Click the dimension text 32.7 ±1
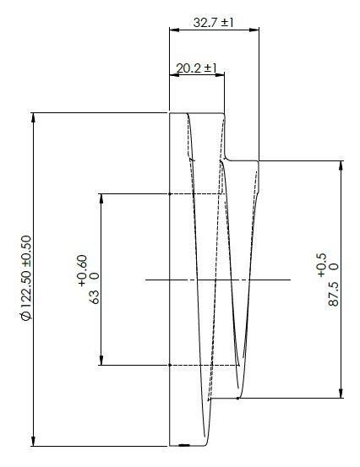pyautogui.click(x=213, y=23)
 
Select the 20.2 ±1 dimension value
pyautogui.click(x=197, y=68)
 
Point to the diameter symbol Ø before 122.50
pyautogui.click(x=25, y=316)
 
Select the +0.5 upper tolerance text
pyautogui.click(x=321, y=263)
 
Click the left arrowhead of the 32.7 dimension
pyautogui.click(x=173, y=30)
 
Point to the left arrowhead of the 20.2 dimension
pyautogui.click(x=173, y=75)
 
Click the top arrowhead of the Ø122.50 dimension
pyautogui.click(x=34, y=117)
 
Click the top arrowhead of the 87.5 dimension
pyautogui.click(x=341, y=164)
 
